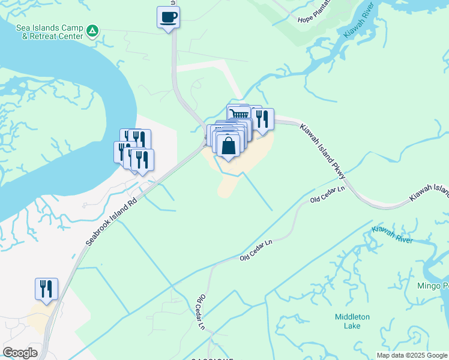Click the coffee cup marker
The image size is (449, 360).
[x=168, y=16]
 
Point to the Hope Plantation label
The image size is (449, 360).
[x=314, y=18]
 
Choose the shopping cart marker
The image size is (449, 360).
[x=238, y=113]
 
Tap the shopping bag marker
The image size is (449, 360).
[x=228, y=146]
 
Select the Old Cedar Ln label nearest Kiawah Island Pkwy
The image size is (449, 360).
[x=327, y=194]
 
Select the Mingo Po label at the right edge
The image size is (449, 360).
[x=433, y=286]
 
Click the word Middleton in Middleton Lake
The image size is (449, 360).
[x=352, y=317]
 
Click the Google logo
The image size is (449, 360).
[x=20, y=353]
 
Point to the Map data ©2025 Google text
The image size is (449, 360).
[x=412, y=355]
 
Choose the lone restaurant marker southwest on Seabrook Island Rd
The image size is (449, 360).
[x=46, y=289]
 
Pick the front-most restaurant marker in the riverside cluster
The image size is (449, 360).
[x=142, y=160]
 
